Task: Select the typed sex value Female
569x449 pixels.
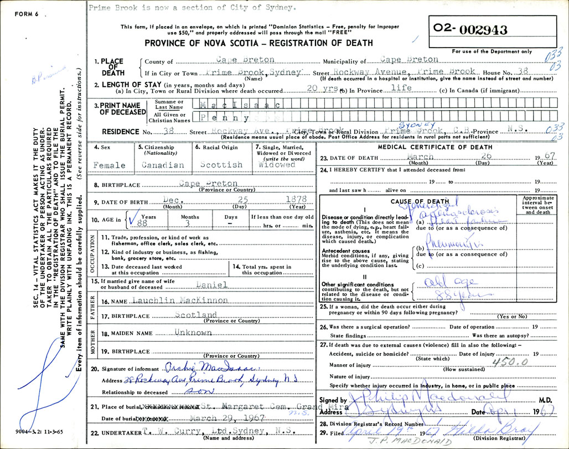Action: tap(109, 165)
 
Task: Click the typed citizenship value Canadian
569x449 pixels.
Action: tap(163, 165)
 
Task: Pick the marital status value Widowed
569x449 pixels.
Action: tap(277, 164)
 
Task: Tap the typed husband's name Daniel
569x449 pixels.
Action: tap(212, 284)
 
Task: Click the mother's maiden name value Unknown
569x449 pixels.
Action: tap(193, 333)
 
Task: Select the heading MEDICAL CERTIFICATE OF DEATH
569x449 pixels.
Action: tap(435, 147)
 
